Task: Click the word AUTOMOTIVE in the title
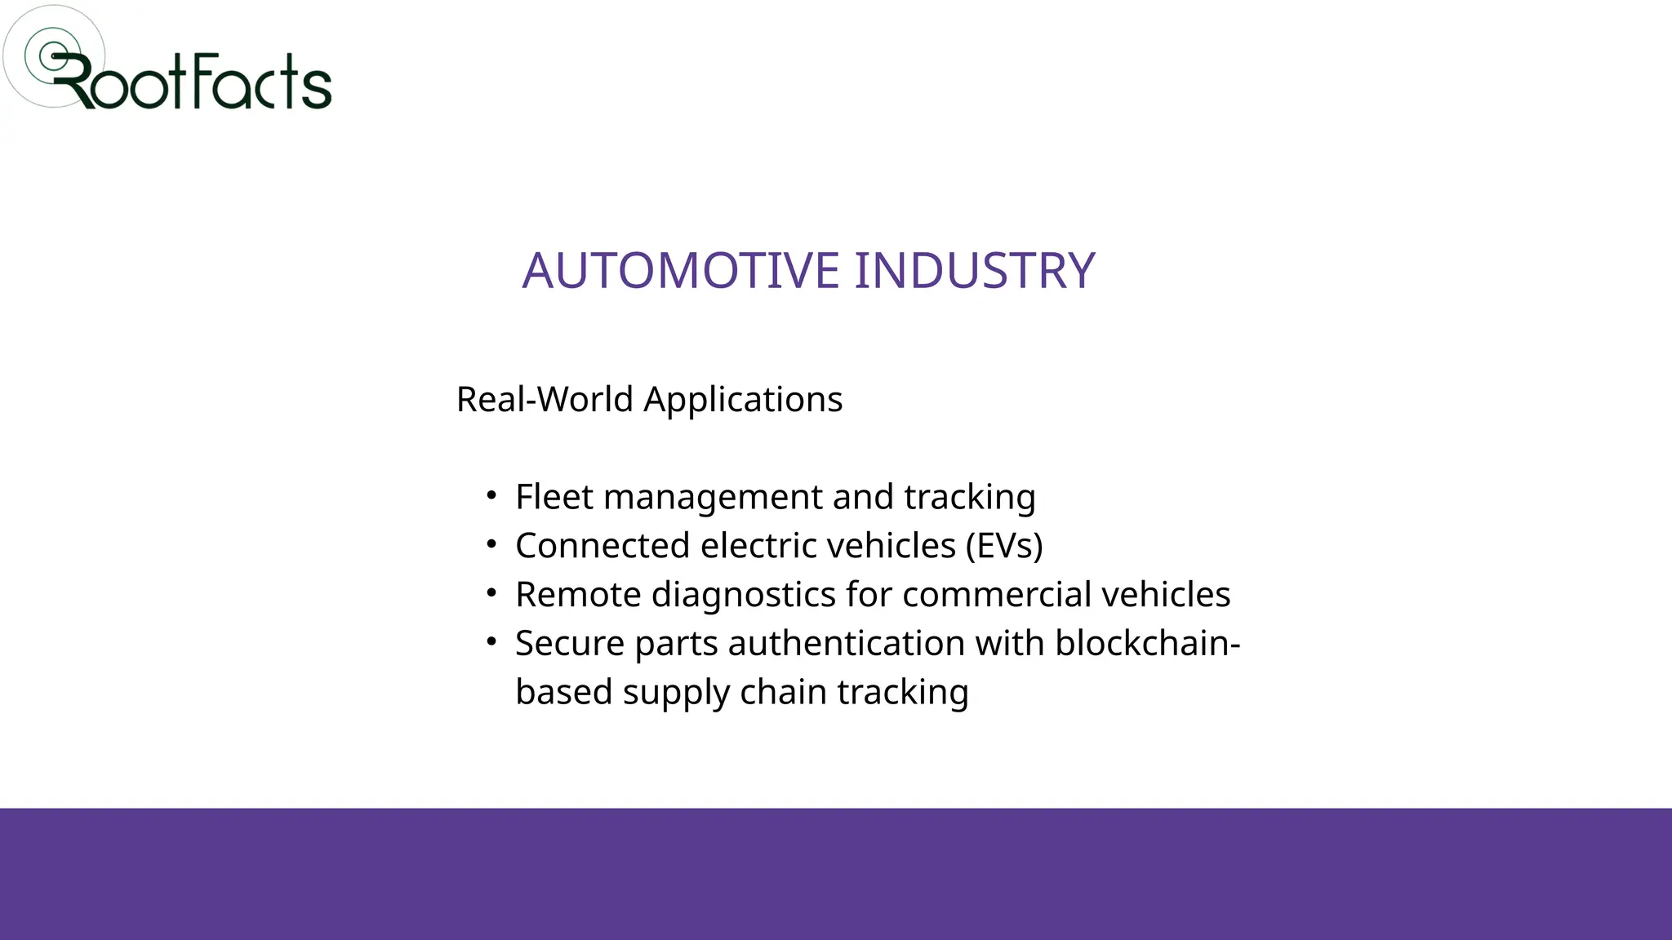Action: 681,271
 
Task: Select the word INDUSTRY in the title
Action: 974,271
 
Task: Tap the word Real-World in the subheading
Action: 545,400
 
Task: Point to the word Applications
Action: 743,400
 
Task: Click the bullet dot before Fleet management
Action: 491,495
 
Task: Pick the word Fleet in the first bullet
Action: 554,497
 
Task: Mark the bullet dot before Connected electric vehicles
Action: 491,544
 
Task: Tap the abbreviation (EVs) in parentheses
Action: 1003,546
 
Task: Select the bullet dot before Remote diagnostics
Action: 491,593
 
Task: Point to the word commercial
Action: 996,595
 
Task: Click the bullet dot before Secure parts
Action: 491,642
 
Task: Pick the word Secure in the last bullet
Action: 570,644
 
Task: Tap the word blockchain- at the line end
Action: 1147,644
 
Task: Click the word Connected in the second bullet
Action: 603,546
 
